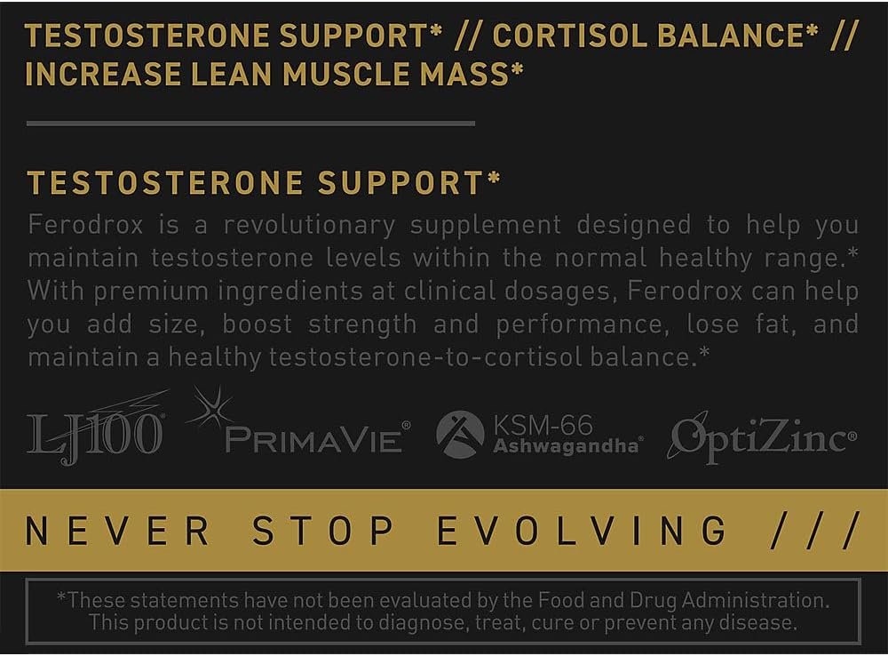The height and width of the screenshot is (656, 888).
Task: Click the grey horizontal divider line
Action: coord(250,123)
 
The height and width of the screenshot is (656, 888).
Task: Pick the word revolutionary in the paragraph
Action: coord(309,226)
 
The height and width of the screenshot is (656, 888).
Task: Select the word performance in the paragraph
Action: coord(578,325)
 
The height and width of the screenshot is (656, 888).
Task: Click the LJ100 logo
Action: coord(96,428)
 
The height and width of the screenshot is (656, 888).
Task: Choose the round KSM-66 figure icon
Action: coord(460,435)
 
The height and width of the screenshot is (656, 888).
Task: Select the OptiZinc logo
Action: coord(763,437)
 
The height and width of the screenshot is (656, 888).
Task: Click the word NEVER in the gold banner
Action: coord(117,531)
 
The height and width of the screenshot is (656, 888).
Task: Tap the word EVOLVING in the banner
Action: coord(583,531)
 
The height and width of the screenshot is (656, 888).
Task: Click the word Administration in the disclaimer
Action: coord(755,600)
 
